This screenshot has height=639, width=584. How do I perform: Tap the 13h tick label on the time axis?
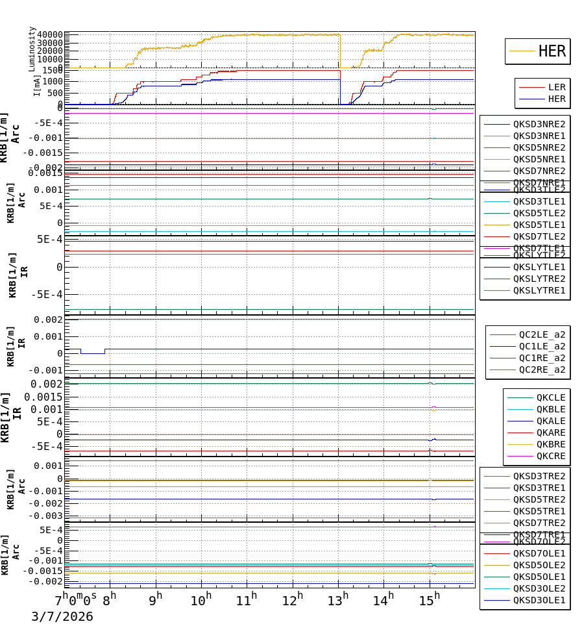click(335, 600)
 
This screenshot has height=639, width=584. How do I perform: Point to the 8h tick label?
click(110, 600)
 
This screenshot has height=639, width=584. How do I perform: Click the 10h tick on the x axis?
click(201, 600)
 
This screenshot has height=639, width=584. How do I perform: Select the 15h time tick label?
click(426, 600)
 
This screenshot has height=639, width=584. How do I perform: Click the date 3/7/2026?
click(62, 617)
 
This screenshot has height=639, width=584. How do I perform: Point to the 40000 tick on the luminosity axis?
click(50, 35)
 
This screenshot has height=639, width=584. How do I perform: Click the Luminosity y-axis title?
click(32, 49)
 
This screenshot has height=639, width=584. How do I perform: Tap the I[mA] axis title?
click(37, 85)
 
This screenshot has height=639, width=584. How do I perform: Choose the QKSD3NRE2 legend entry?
click(539, 124)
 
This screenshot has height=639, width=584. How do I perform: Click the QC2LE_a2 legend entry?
click(541, 334)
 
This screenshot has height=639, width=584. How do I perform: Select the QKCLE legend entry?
click(550, 397)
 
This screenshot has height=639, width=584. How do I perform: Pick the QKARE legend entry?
click(550, 432)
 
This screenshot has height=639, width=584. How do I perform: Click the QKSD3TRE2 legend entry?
click(539, 476)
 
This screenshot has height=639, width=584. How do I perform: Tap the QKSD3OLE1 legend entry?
click(539, 600)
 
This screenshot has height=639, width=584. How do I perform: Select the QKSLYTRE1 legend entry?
click(539, 290)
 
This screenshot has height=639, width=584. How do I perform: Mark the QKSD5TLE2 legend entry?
click(539, 213)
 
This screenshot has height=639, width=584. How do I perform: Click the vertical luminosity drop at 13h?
click(340, 51)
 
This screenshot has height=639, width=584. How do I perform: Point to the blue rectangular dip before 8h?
click(92, 353)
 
